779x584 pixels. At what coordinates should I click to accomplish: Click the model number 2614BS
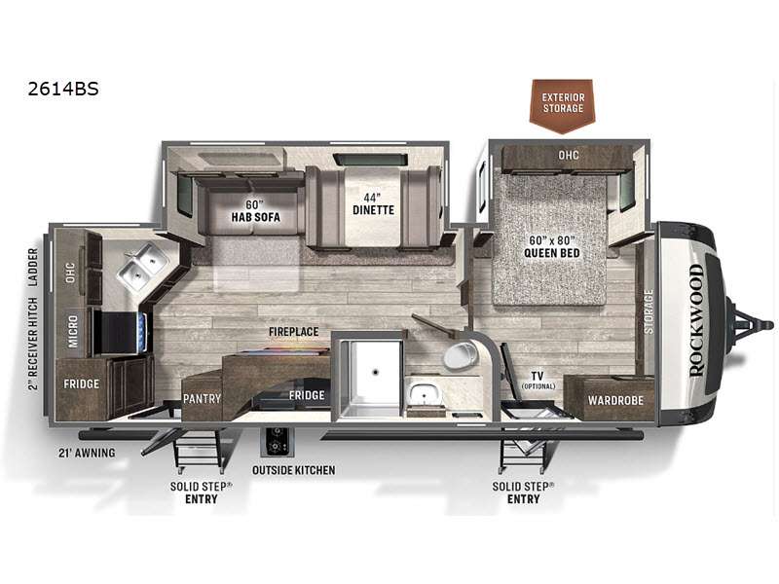coord(63,89)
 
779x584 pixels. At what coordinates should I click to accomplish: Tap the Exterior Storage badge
coord(563,105)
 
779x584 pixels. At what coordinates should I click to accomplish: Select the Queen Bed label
coord(552,247)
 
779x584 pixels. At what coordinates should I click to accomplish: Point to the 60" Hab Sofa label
coord(255,211)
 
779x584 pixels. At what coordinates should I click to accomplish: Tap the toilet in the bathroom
coord(460,354)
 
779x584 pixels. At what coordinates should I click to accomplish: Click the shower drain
coord(375,371)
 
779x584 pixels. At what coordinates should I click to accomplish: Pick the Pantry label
coord(202,399)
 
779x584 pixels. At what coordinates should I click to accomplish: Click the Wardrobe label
coord(615,400)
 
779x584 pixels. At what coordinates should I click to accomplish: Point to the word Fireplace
coord(294,332)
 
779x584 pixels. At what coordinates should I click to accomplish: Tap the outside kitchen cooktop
coord(278,441)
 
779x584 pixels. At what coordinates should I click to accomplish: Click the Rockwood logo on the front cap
coord(697,321)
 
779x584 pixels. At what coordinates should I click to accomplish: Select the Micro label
coord(72,331)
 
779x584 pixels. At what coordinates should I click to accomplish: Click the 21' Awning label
coord(87,453)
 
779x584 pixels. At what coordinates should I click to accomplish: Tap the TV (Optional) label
coord(538,380)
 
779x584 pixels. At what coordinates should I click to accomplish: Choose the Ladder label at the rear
coord(33,267)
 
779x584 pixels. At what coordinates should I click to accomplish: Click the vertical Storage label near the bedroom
coord(649,311)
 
